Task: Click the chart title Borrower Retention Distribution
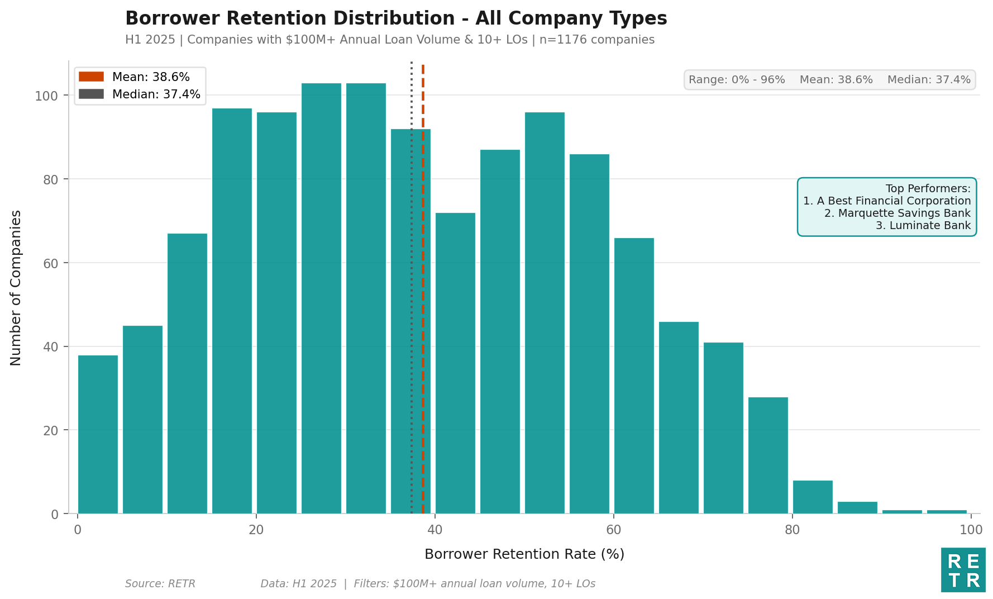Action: pos(395,19)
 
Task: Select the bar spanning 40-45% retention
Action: pos(455,363)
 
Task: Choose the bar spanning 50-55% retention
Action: pos(545,313)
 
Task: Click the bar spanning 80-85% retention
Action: pos(813,497)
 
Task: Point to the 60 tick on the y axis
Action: pos(50,263)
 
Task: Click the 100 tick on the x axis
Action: pos(971,530)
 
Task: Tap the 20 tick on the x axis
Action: pos(256,530)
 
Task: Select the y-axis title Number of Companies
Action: pos(16,288)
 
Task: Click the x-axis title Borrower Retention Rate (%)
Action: pos(524,554)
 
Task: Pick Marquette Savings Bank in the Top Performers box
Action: pos(897,213)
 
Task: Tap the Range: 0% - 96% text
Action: pos(736,80)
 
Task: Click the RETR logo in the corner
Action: pos(963,570)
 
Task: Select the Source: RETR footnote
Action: pos(160,584)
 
